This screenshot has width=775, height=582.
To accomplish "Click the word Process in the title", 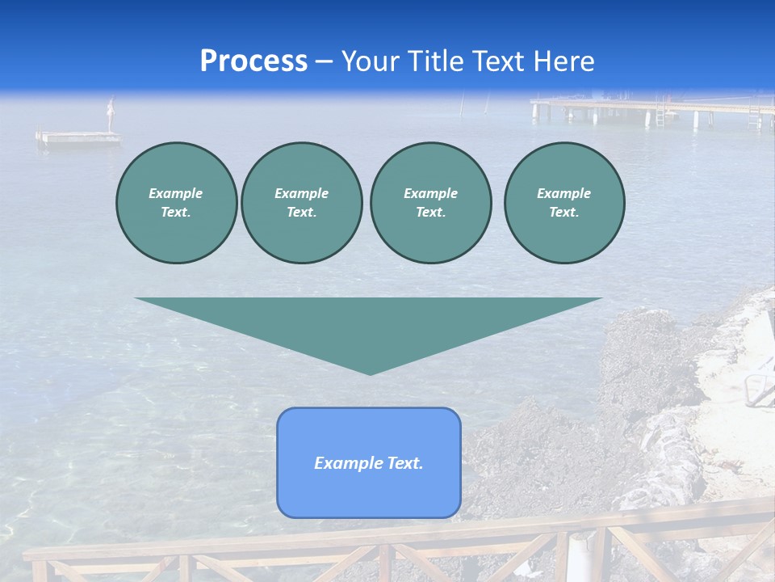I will point(253,61).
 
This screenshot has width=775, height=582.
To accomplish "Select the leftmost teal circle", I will point(176,202).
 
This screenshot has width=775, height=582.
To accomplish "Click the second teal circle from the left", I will point(301,202).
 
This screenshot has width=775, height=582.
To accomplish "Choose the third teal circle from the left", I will point(430,202).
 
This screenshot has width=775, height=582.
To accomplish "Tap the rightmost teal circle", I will point(564,202).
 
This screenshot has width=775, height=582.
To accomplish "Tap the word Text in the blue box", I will point(405,463).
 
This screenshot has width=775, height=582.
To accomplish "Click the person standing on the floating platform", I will point(111,114).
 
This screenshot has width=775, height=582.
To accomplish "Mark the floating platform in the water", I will point(78,137).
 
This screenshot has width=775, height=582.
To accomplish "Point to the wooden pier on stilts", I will point(646,106).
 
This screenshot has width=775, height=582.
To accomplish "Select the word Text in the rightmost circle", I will point(563,212).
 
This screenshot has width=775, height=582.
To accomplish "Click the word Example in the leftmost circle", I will point(176,193).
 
